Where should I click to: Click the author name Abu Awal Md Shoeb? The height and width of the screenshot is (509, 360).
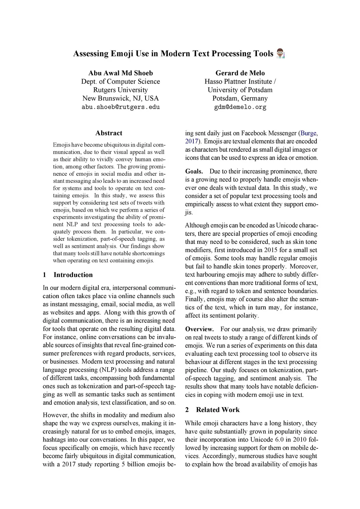(x=121, y=73)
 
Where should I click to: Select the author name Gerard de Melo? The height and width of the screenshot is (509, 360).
(x=240, y=73)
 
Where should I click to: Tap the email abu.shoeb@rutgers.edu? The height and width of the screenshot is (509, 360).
(x=121, y=107)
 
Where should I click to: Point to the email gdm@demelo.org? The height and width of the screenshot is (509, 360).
(x=240, y=107)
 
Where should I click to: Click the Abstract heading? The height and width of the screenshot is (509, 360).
(x=109, y=133)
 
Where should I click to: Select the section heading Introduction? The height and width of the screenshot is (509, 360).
(x=73, y=275)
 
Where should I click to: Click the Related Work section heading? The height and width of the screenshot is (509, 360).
(x=218, y=410)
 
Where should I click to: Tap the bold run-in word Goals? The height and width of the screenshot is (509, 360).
(x=194, y=172)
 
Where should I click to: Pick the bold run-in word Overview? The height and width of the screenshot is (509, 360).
(x=199, y=329)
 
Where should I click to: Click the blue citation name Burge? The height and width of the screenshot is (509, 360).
(x=309, y=133)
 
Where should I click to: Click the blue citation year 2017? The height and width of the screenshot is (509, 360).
(x=192, y=141)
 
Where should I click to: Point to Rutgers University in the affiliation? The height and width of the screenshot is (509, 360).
(x=121, y=90)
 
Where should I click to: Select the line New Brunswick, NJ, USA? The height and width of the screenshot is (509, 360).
(x=121, y=98)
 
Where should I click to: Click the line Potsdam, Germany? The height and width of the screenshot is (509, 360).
(x=240, y=98)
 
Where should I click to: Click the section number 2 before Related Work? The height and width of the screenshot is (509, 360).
(x=187, y=410)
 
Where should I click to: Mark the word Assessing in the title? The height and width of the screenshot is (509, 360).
(x=91, y=54)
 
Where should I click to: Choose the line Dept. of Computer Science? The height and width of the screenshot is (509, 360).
(x=121, y=82)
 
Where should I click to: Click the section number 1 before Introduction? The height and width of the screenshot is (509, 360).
(x=45, y=275)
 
